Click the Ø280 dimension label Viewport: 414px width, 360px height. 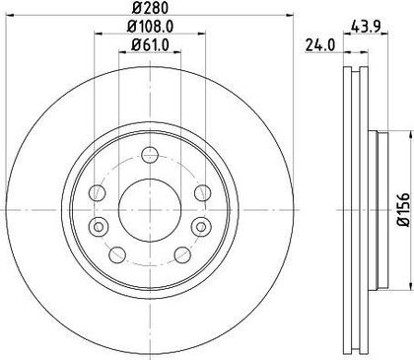[150, 7]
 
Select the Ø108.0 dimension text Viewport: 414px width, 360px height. [150, 27]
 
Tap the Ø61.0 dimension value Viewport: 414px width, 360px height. [150, 44]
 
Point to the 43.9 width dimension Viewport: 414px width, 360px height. [366, 27]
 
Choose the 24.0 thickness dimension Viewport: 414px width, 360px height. [320, 45]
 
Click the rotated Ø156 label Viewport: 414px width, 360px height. [403, 210]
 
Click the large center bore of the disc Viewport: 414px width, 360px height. [150, 210]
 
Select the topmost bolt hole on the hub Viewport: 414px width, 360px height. [150, 154]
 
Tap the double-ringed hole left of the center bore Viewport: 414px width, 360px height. [98, 227]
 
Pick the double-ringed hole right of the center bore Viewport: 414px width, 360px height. [201, 227]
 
